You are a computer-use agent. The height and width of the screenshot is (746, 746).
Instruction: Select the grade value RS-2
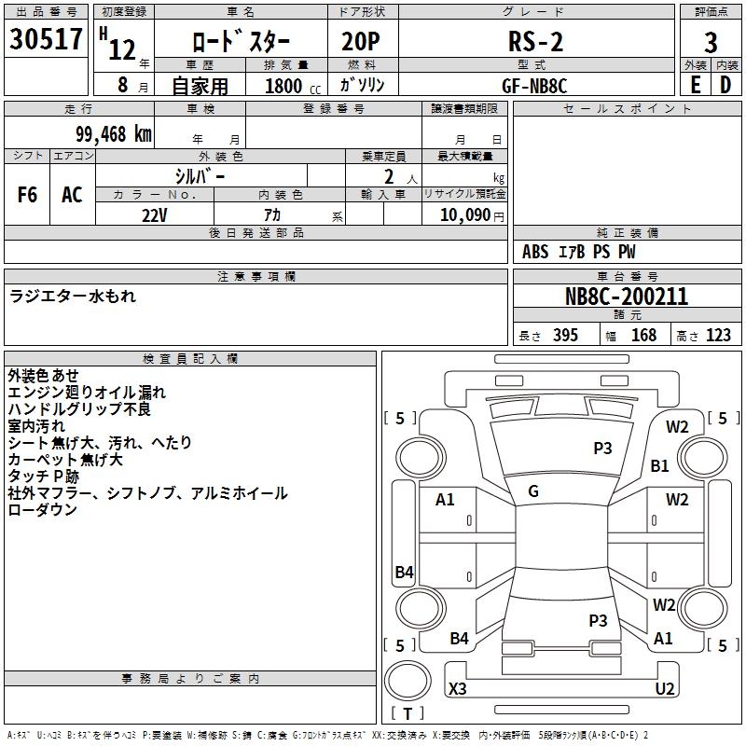click(x=535, y=42)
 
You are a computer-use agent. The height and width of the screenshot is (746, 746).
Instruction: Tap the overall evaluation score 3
click(x=711, y=43)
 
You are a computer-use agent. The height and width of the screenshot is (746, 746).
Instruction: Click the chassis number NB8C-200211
click(x=627, y=297)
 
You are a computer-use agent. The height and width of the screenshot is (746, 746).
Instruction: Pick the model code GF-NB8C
click(x=534, y=85)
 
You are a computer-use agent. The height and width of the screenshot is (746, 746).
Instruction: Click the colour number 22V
click(x=154, y=214)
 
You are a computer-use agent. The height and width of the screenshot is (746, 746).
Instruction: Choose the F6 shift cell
click(x=28, y=194)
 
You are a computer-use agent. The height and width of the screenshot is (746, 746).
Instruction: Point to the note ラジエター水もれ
click(x=73, y=296)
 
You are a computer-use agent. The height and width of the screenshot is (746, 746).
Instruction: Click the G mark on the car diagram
click(x=533, y=490)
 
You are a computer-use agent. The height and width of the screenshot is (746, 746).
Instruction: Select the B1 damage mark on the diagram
click(x=660, y=465)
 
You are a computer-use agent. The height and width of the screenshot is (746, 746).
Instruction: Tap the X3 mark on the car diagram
click(x=458, y=688)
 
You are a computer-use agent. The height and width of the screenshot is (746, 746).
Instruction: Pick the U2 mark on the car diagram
click(x=665, y=688)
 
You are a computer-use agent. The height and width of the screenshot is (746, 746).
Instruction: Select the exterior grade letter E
click(x=695, y=85)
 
